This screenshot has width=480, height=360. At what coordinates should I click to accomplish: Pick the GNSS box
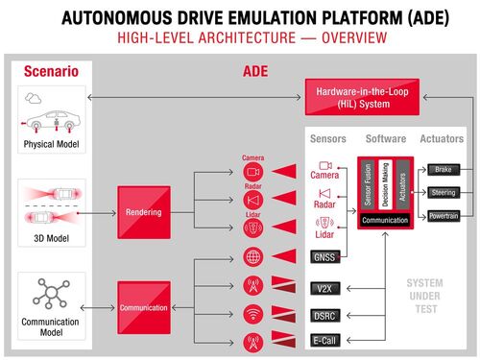tap(324, 257)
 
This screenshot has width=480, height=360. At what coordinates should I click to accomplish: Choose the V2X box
tap(324, 288)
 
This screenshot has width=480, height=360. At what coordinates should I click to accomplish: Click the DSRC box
tap(324, 315)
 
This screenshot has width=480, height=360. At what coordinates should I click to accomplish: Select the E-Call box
tap(324, 340)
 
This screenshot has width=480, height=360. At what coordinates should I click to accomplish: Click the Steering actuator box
tap(443, 192)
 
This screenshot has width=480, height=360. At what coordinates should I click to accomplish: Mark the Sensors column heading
tap(326, 139)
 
